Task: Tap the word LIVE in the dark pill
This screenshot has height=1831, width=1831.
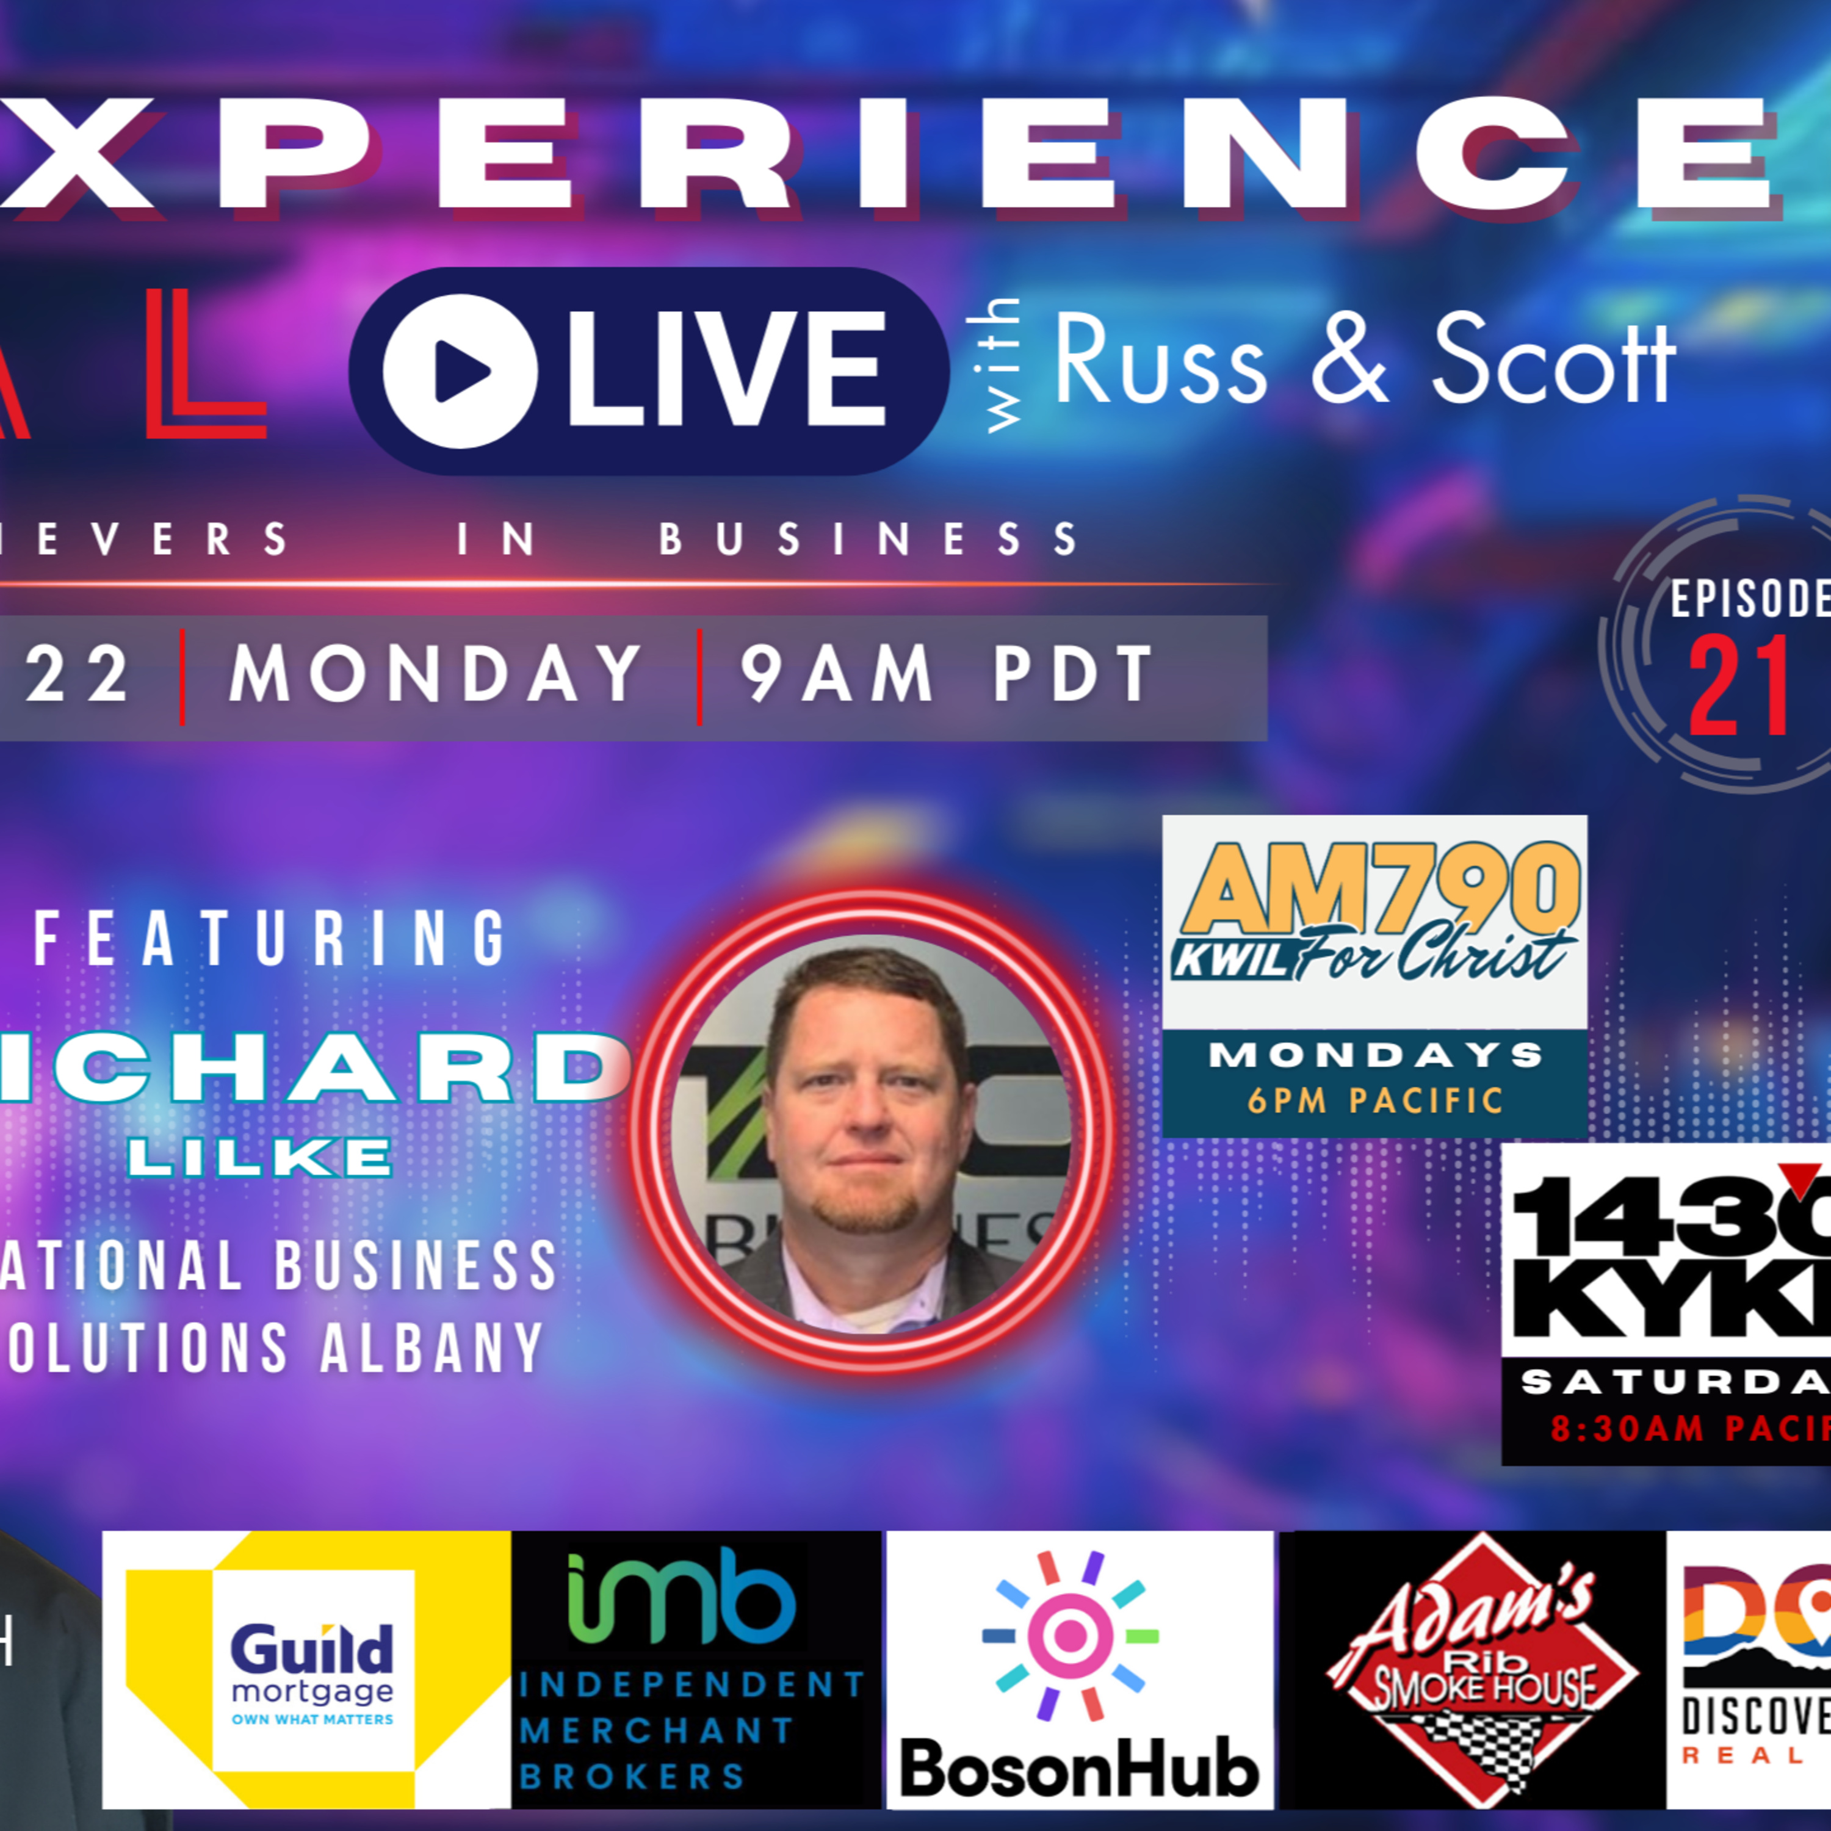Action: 726,370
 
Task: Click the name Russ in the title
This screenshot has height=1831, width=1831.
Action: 1160,360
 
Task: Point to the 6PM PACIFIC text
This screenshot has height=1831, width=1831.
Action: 1375,1101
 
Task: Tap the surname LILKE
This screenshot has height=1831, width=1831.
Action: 261,1158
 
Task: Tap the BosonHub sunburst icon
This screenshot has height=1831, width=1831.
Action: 1070,1635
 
